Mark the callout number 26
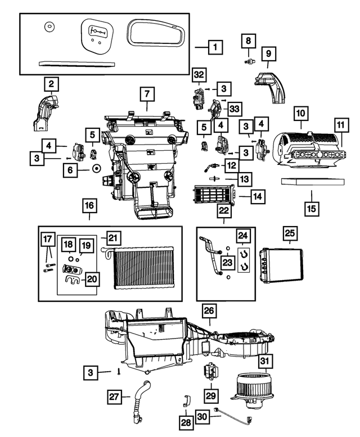tap(209, 311)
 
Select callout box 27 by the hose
tap(115, 397)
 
